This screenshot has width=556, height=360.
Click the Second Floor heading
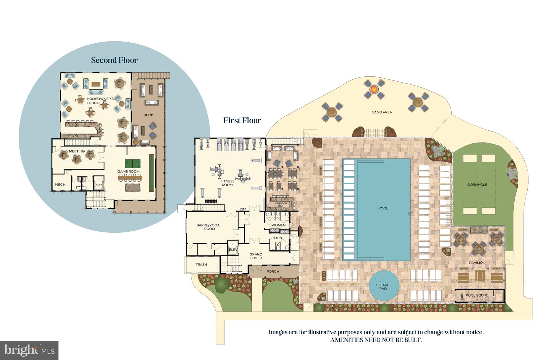pos(114,60)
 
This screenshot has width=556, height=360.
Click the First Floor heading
pos(242,120)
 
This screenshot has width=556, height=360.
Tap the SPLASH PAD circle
pos(383,287)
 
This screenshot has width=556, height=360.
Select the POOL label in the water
pos(383,208)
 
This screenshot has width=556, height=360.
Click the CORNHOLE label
pos(477,185)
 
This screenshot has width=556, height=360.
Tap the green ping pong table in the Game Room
pos(132,163)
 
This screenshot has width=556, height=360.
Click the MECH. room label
pos(60,185)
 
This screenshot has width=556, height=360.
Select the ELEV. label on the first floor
pos(233,250)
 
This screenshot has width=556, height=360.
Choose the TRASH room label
pos(201,264)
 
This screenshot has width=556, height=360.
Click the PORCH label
pos(273,271)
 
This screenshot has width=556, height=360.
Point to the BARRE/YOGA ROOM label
pos(208,227)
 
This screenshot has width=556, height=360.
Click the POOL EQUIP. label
pos(477,295)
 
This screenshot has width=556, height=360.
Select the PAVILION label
pos(477,262)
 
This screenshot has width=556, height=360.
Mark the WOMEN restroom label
pos(278,225)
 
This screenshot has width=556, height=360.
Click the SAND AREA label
pos(382,112)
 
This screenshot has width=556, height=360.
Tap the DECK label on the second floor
pos(148,115)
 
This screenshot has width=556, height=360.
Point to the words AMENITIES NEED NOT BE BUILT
pos(376,340)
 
